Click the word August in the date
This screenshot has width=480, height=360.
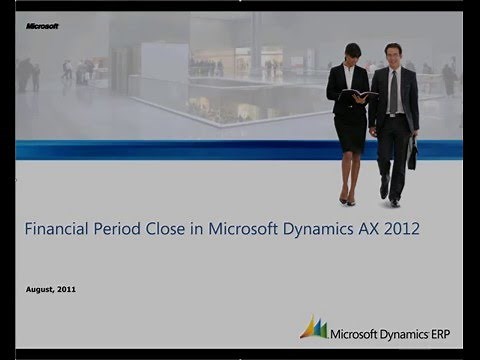41,289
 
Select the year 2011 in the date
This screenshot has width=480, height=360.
67,289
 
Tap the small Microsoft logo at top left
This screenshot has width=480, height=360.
42,26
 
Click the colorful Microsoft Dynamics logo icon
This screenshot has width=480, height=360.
313,327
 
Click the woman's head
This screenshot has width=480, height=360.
352,52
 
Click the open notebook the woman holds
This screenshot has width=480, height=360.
360,94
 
